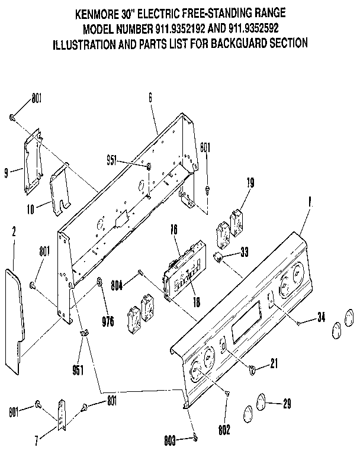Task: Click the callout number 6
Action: (150, 99)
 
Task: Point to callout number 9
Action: (6, 173)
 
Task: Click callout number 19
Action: (250, 183)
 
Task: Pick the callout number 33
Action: (244, 253)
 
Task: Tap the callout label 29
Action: (287, 405)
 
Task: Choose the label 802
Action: (226, 429)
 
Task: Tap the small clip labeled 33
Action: (218, 256)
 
